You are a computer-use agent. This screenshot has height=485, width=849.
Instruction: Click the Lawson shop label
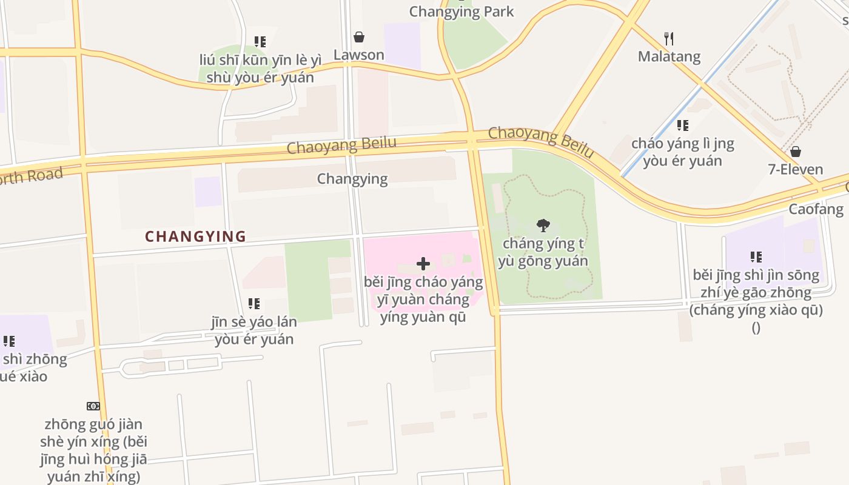pyautogui.click(x=359, y=55)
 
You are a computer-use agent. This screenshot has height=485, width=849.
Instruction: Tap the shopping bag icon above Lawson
pyautogui.click(x=359, y=37)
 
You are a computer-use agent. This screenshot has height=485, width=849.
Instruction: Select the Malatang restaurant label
pyautogui.click(x=669, y=56)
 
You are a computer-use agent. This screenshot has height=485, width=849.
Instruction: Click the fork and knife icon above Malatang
pyautogui.click(x=669, y=39)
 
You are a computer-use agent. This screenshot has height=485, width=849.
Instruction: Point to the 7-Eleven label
pyautogui.click(x=796, y=169)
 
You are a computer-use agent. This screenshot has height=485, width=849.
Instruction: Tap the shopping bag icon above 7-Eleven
pyautogui.click(x=796, y=151)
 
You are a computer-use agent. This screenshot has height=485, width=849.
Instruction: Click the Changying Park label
pyautogui.click(x=461, y=11)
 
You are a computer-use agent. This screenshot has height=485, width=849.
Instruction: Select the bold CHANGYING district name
pyautogui.click(x=196, y=236)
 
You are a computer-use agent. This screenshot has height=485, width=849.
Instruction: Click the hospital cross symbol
pyautogui.click(x=423, y=264)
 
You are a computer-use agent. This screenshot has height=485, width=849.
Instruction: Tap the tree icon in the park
pyautogui.click(x=543, y=226)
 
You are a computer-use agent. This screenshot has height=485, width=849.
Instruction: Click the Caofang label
pyautogui.click(x=816, y=209)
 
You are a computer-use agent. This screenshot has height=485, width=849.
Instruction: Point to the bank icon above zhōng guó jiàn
pyautogui.click(x=93, y=406)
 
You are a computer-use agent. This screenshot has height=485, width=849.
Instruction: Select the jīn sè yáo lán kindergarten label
pyautogui.click(x=254, y=330)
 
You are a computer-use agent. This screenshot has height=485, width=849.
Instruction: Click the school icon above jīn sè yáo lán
pyautogui.click(x=254, y=303)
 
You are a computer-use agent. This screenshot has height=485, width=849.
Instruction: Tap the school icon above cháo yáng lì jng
pyautogui.click(x=683, y=125)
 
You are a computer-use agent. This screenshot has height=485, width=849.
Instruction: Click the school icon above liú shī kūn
pyautogui.click(x=260, y=42)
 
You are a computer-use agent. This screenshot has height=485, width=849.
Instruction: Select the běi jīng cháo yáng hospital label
pyautogui.click(x=423, y=299)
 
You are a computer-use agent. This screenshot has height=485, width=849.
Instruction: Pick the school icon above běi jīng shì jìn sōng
pyautogui.click(x=756, y=257)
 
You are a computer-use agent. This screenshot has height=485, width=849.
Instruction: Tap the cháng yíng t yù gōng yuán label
pyautogui.click(x=543, y=252)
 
